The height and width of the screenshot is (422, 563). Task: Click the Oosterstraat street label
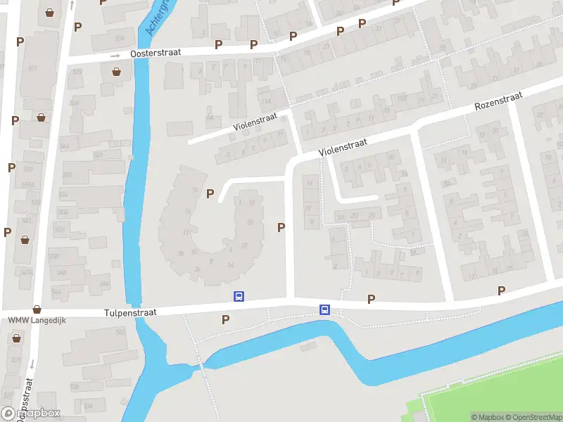click(155, 53)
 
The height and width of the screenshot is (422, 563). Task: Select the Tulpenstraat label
click(130, 312)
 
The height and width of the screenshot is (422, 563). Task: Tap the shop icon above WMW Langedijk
click(37, 309)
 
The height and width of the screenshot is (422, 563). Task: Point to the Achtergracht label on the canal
click(156, 18)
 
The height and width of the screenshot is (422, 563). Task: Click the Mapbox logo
click(31, 414)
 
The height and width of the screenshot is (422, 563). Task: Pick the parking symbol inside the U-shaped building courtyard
click(210, 193)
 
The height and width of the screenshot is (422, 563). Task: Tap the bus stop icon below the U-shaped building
click(239, 297)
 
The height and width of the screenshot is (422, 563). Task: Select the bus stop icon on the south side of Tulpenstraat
click(324, 309)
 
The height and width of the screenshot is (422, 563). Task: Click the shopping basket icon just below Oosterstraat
click(116, 71)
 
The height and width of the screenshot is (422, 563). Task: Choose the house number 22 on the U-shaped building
click(244, 245)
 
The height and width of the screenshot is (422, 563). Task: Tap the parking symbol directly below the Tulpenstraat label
click(226, 319)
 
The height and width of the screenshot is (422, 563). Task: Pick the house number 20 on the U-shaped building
click(250, 222)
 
